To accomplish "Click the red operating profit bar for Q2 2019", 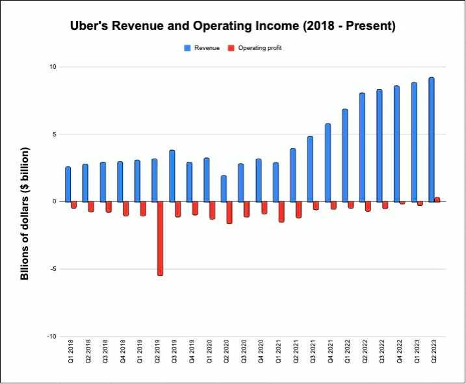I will click(160, 238).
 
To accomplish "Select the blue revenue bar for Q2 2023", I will click(432, 140).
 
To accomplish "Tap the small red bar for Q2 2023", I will click(437, 199).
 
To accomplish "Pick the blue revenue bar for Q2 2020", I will click(224, 188).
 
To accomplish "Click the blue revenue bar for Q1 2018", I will click(68, 185).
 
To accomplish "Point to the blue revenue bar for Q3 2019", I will click(172, 176).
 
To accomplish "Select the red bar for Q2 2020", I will click(229, 212).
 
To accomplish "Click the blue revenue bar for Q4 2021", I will click(328, 162).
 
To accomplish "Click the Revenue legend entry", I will click(201, 48).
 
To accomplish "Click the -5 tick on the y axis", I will click(54, 269).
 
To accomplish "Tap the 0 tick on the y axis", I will click(55, 201).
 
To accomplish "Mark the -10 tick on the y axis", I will click(52, 337).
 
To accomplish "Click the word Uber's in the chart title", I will click(91, 27).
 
